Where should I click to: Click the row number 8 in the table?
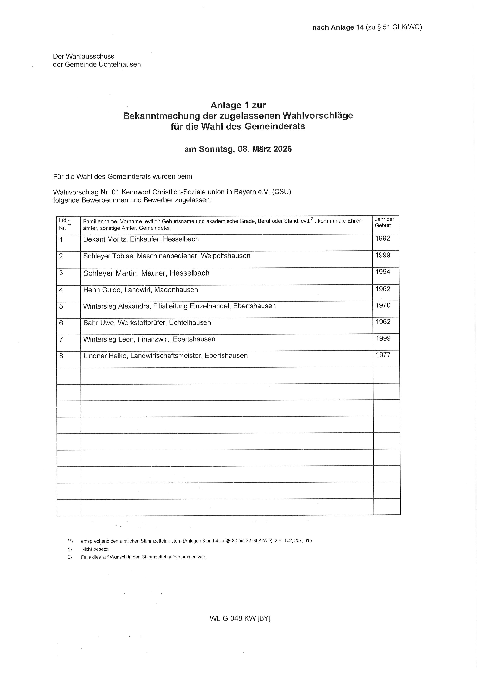pos(61,356)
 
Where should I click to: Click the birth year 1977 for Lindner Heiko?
pos(383,355)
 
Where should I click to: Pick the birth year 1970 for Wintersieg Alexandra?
pos(383,306)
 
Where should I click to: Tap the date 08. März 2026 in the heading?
pos(265,149)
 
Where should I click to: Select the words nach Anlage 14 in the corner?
pos(338,28)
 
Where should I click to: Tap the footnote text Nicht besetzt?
pos(95,549)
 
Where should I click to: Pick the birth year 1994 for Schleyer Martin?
pos(383,272)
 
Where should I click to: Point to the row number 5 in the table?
pos(61,307)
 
